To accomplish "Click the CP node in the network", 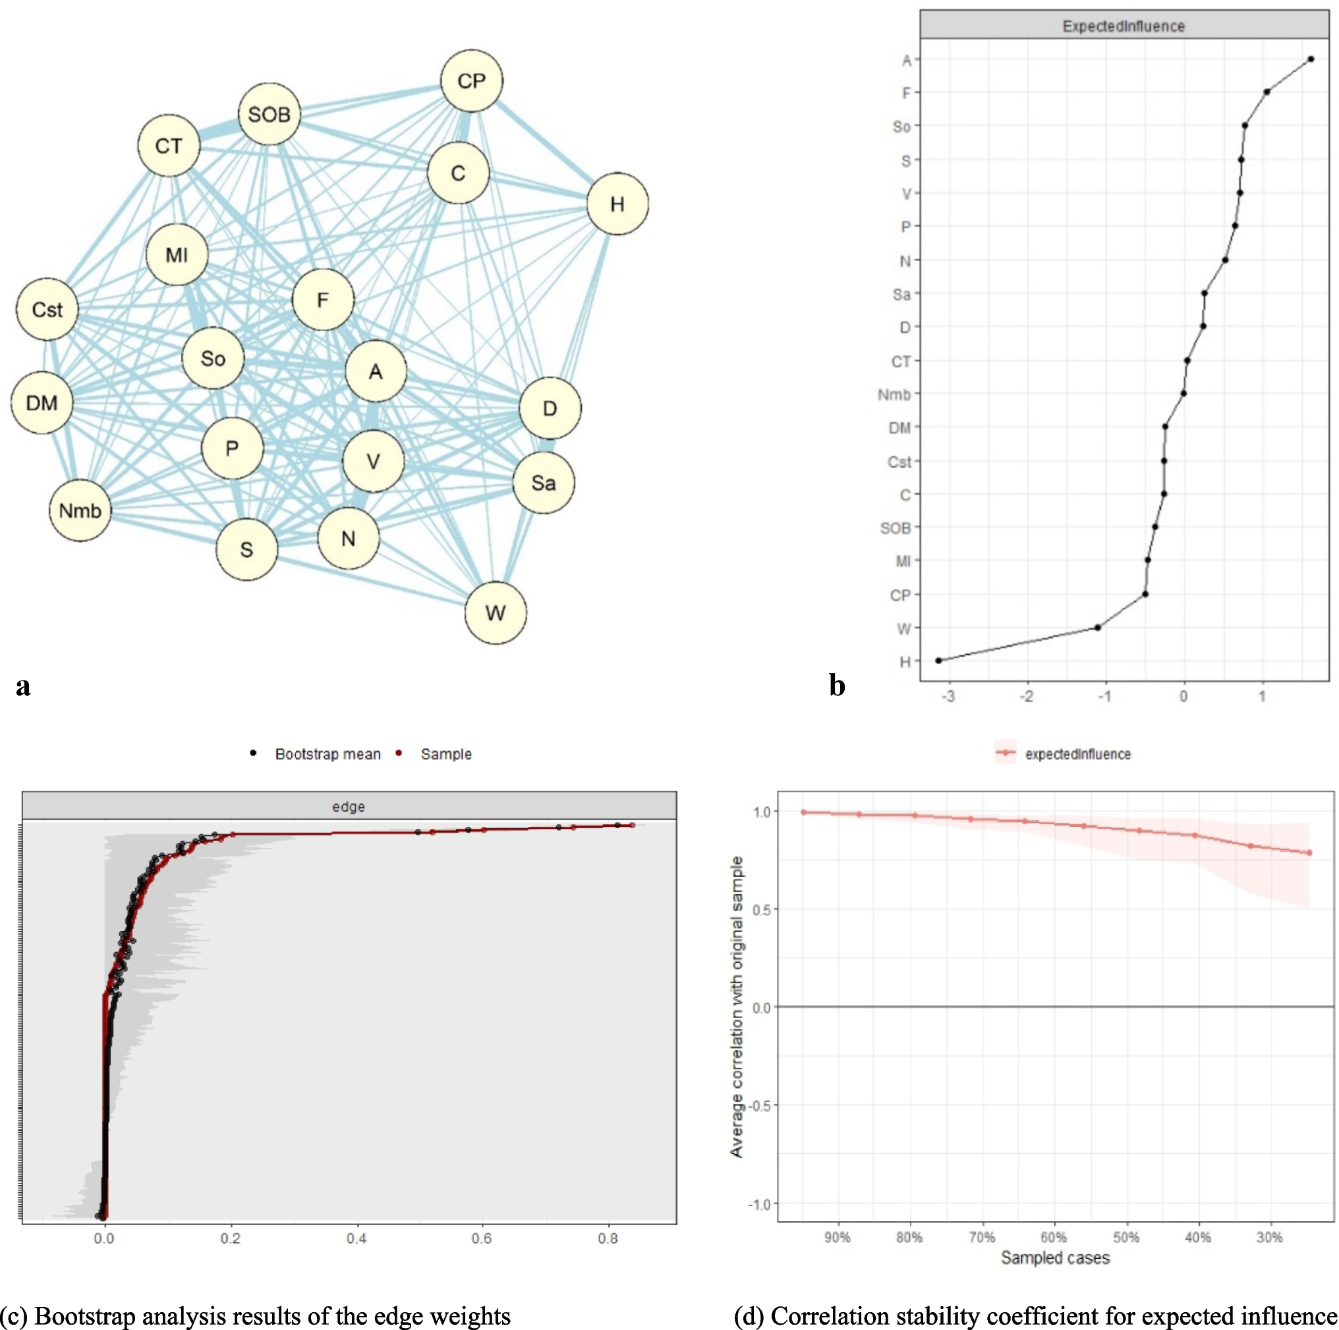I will [471, 81].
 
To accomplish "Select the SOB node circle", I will [269, 115].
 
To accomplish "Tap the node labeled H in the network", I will [617, 204].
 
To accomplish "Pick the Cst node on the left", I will [47, 309].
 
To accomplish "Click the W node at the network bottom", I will [495, 613].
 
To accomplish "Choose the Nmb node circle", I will [80, 510].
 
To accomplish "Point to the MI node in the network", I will [177, 255].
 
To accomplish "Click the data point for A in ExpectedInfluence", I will [1310, 59].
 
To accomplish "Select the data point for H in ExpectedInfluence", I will [938, 660].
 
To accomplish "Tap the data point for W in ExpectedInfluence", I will [1098, 628].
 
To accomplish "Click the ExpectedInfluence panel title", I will [1124, 26].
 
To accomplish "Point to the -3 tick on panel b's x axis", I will [948, 696].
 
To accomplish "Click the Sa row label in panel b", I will [901, 295].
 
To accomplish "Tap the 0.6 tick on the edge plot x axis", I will [482, 1238].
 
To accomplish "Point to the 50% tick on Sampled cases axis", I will [1126, 1238].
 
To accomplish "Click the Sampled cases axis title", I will [1055, 1258].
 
